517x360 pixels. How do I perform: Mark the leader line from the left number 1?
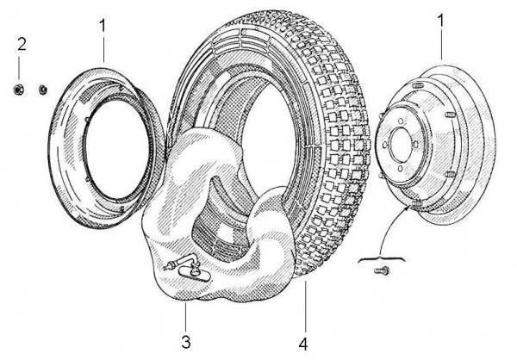point(103,48)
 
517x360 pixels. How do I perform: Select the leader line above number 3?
point(186,314)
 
